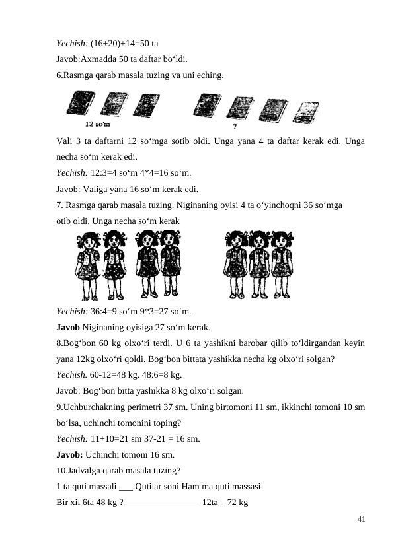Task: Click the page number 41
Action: click(x=360, y=520)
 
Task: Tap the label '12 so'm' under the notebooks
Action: click(x=98, y=123)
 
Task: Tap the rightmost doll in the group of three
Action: click(x=282, y=264)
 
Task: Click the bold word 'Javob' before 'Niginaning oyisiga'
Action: click(x=68, y=327)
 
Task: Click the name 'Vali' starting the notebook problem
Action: click(x=64, y=142)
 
